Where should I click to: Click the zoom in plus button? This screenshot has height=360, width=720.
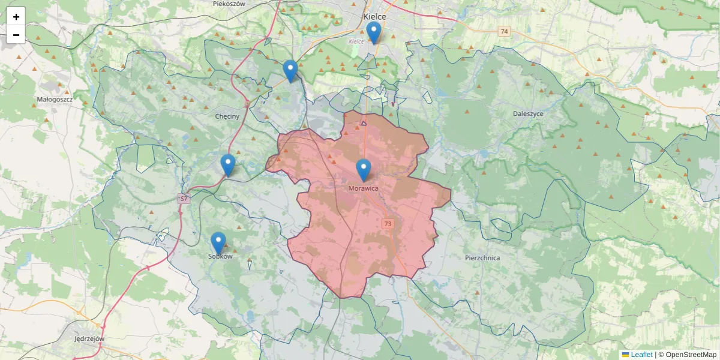pos(16,16)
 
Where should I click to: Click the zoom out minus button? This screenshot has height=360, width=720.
pos(16,35)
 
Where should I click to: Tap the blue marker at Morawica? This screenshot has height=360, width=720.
pos(364,170)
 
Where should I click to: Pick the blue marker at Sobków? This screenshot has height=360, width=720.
pos(218,243)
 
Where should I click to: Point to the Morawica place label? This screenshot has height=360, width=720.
pos(363,188)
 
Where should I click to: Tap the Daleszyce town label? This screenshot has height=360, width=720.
pos(529,113)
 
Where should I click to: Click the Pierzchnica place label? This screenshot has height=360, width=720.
pos(482,257)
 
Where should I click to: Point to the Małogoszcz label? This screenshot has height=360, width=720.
pos(55,99)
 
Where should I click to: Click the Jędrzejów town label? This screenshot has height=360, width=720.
pos(88,338)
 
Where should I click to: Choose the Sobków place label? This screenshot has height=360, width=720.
pos(220,256)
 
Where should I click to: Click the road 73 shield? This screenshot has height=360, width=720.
pos(388,224)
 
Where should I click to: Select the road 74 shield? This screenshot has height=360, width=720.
pos(503,31)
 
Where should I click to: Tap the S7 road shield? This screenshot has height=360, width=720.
pos(184,198)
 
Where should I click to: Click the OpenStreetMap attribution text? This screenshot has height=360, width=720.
pos(691,355)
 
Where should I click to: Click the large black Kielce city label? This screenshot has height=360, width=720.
pos(374,17)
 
